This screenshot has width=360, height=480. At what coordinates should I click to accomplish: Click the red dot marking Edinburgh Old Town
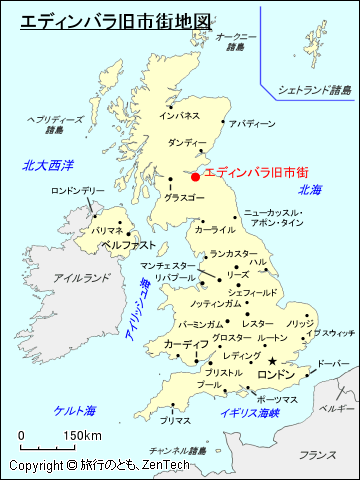(x=195, y=177)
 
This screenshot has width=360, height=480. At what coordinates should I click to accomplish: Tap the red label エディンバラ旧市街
(x=256, y=173)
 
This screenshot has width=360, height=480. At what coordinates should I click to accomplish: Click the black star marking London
(x=271, y=361)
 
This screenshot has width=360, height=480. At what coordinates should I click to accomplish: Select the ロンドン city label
(x=278, y=374)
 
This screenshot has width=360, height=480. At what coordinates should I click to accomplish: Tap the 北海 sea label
(x=310, y=190)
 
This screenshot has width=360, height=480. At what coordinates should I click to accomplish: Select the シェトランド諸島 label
(x=315, y=90)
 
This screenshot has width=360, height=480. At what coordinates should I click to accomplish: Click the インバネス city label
(x=180, y=116)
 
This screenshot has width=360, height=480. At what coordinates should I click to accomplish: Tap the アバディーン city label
(x=251, y=124)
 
